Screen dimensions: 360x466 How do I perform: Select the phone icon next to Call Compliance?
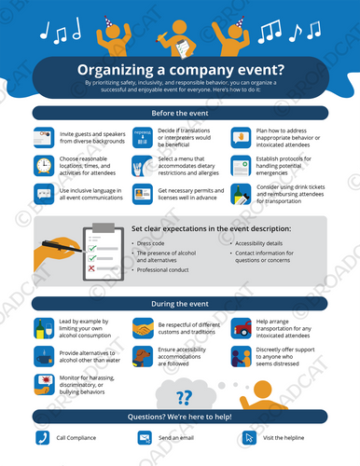(42, 436)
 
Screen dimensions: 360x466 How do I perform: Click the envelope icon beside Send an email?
(145, 436)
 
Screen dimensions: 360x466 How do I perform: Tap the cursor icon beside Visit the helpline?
(248, 436)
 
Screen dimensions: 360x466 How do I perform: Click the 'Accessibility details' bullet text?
(260, 242)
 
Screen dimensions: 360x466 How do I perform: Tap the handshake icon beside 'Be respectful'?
(142, 329)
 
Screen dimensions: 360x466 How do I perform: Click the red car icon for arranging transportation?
(239, 327)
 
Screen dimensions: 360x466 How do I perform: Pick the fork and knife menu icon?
(142, 165)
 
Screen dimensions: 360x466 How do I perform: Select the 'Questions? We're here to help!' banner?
(180, 416)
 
